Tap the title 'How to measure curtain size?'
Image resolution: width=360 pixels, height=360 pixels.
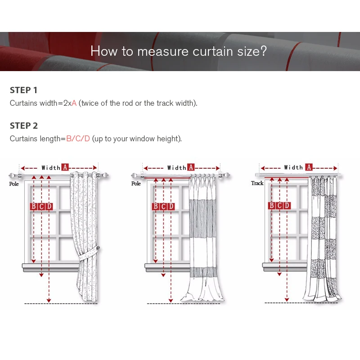click(x=179, y=51)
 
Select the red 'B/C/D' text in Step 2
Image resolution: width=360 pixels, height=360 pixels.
click(x=78, y=139)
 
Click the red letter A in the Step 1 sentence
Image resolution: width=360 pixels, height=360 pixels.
click(x=74, y=103)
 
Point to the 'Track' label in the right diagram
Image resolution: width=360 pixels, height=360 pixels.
click(x=257, y=183)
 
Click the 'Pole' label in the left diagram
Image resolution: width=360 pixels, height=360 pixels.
click(x=14, y=184)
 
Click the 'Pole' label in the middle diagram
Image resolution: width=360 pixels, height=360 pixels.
click(x=136, y=184)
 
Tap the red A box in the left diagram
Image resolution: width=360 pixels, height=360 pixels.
click(x=65, y=167)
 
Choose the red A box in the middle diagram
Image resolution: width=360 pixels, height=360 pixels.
click(x=191, y=167)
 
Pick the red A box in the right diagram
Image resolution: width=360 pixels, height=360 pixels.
click(x=309, y=167)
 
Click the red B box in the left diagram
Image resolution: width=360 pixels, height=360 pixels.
click(x=33, y=206)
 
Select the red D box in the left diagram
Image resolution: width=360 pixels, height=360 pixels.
click(x=49, y=206)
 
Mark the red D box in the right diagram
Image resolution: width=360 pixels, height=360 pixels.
click(x=287, y=206)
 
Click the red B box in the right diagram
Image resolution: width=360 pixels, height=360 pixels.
click(x=271, y=206)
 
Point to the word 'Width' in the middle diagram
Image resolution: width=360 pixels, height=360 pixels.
click(x=176, y=168)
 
